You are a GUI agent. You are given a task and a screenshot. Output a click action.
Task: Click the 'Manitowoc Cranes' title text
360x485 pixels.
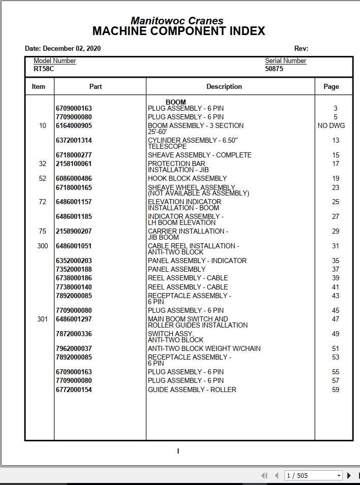177,21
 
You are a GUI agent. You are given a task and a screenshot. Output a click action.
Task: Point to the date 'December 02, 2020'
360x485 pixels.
72,49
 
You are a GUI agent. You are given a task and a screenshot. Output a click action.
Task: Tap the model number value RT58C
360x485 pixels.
44,69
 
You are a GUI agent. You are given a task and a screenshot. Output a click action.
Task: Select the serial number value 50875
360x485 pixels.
274,69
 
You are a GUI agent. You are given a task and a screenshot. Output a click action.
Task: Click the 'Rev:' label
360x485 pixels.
301,49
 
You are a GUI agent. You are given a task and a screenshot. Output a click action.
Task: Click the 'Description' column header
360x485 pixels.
224,87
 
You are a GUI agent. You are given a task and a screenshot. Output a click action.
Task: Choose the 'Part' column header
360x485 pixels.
95,87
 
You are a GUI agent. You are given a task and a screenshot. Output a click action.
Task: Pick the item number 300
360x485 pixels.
43,246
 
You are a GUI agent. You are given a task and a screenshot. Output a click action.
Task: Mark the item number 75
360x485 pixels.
43,232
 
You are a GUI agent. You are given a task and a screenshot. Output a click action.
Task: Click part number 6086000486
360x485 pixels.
74,179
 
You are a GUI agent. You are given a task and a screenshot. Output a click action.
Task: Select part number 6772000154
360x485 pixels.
74,390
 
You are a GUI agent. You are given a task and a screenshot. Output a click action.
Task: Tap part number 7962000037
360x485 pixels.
74,349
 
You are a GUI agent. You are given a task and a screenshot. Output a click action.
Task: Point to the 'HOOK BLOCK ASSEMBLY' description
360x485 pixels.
187,179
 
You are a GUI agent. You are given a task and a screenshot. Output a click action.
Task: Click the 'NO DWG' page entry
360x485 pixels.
331,126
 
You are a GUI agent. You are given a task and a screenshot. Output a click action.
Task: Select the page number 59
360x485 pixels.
335,390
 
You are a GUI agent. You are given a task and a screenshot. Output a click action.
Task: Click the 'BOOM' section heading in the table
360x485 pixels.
176,102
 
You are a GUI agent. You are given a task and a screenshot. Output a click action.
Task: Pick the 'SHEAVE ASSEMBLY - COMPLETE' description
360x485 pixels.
200,155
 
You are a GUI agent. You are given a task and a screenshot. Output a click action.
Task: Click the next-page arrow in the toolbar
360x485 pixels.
349,476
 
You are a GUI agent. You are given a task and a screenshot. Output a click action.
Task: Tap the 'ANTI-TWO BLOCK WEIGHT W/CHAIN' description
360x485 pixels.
204,349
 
